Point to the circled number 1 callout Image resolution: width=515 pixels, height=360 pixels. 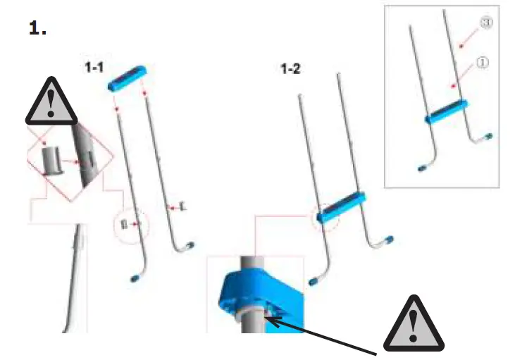coord(483,62)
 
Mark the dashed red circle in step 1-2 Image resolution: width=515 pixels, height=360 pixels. coord(324,217)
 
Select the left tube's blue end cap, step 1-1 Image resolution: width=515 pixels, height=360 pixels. coord(134,279)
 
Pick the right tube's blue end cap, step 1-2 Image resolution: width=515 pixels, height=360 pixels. coord(389,242)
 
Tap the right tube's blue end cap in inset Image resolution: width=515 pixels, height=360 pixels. coord(487,137)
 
